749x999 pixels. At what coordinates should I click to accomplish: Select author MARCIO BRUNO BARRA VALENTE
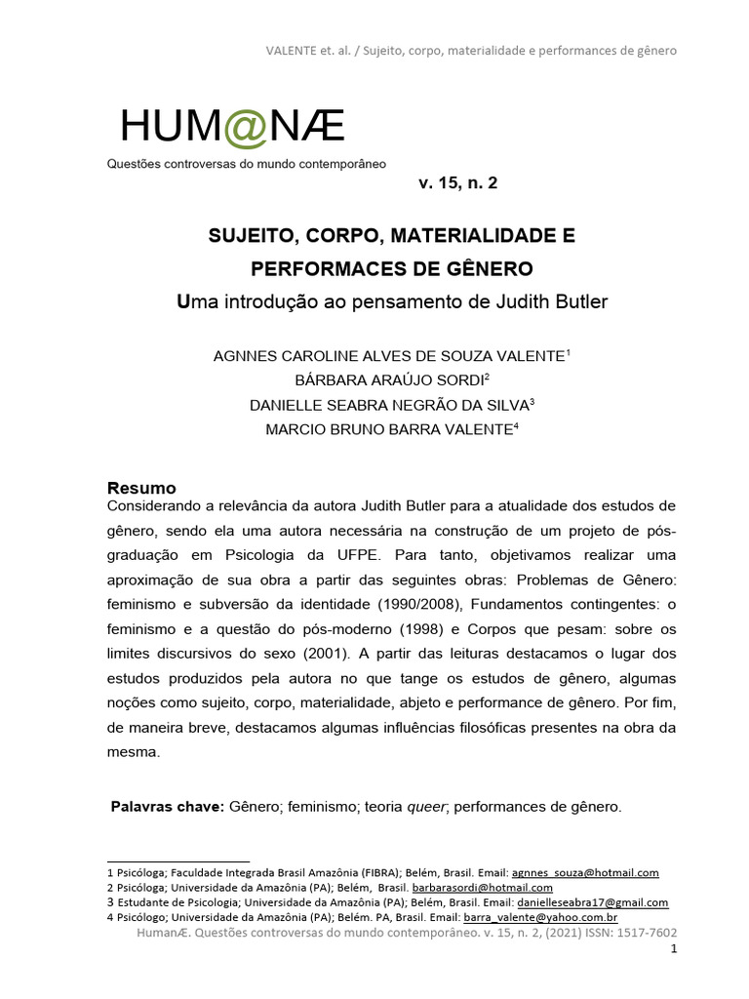[387, 428]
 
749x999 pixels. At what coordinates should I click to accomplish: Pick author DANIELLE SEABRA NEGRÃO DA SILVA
[387, 404]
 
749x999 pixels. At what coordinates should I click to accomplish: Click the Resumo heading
[140, 488]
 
